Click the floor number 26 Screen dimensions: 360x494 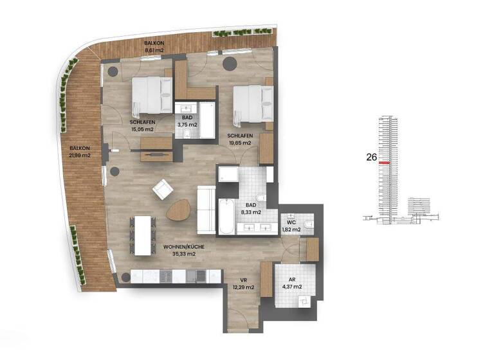[x=370, y=156]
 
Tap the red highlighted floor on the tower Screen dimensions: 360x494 [x=385, y=163]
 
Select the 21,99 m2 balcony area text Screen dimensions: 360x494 [x=80, y=155]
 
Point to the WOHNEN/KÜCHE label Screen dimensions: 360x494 [x=180, y=246]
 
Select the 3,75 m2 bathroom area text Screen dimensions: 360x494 [x=187, y=125]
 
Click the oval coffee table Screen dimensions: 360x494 [x=180, y=210]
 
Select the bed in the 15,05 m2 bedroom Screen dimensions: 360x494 [x=152, y=95]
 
